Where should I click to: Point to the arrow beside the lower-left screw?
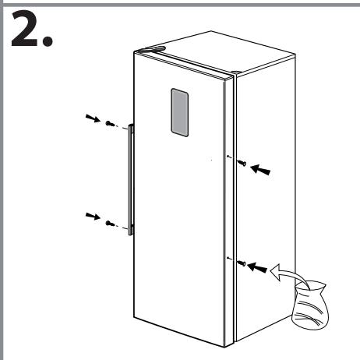click(92, 216)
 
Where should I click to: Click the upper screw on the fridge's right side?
click(243, 163)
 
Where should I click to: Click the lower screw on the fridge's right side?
click(242, 263)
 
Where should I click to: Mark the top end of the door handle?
click(132, 127)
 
